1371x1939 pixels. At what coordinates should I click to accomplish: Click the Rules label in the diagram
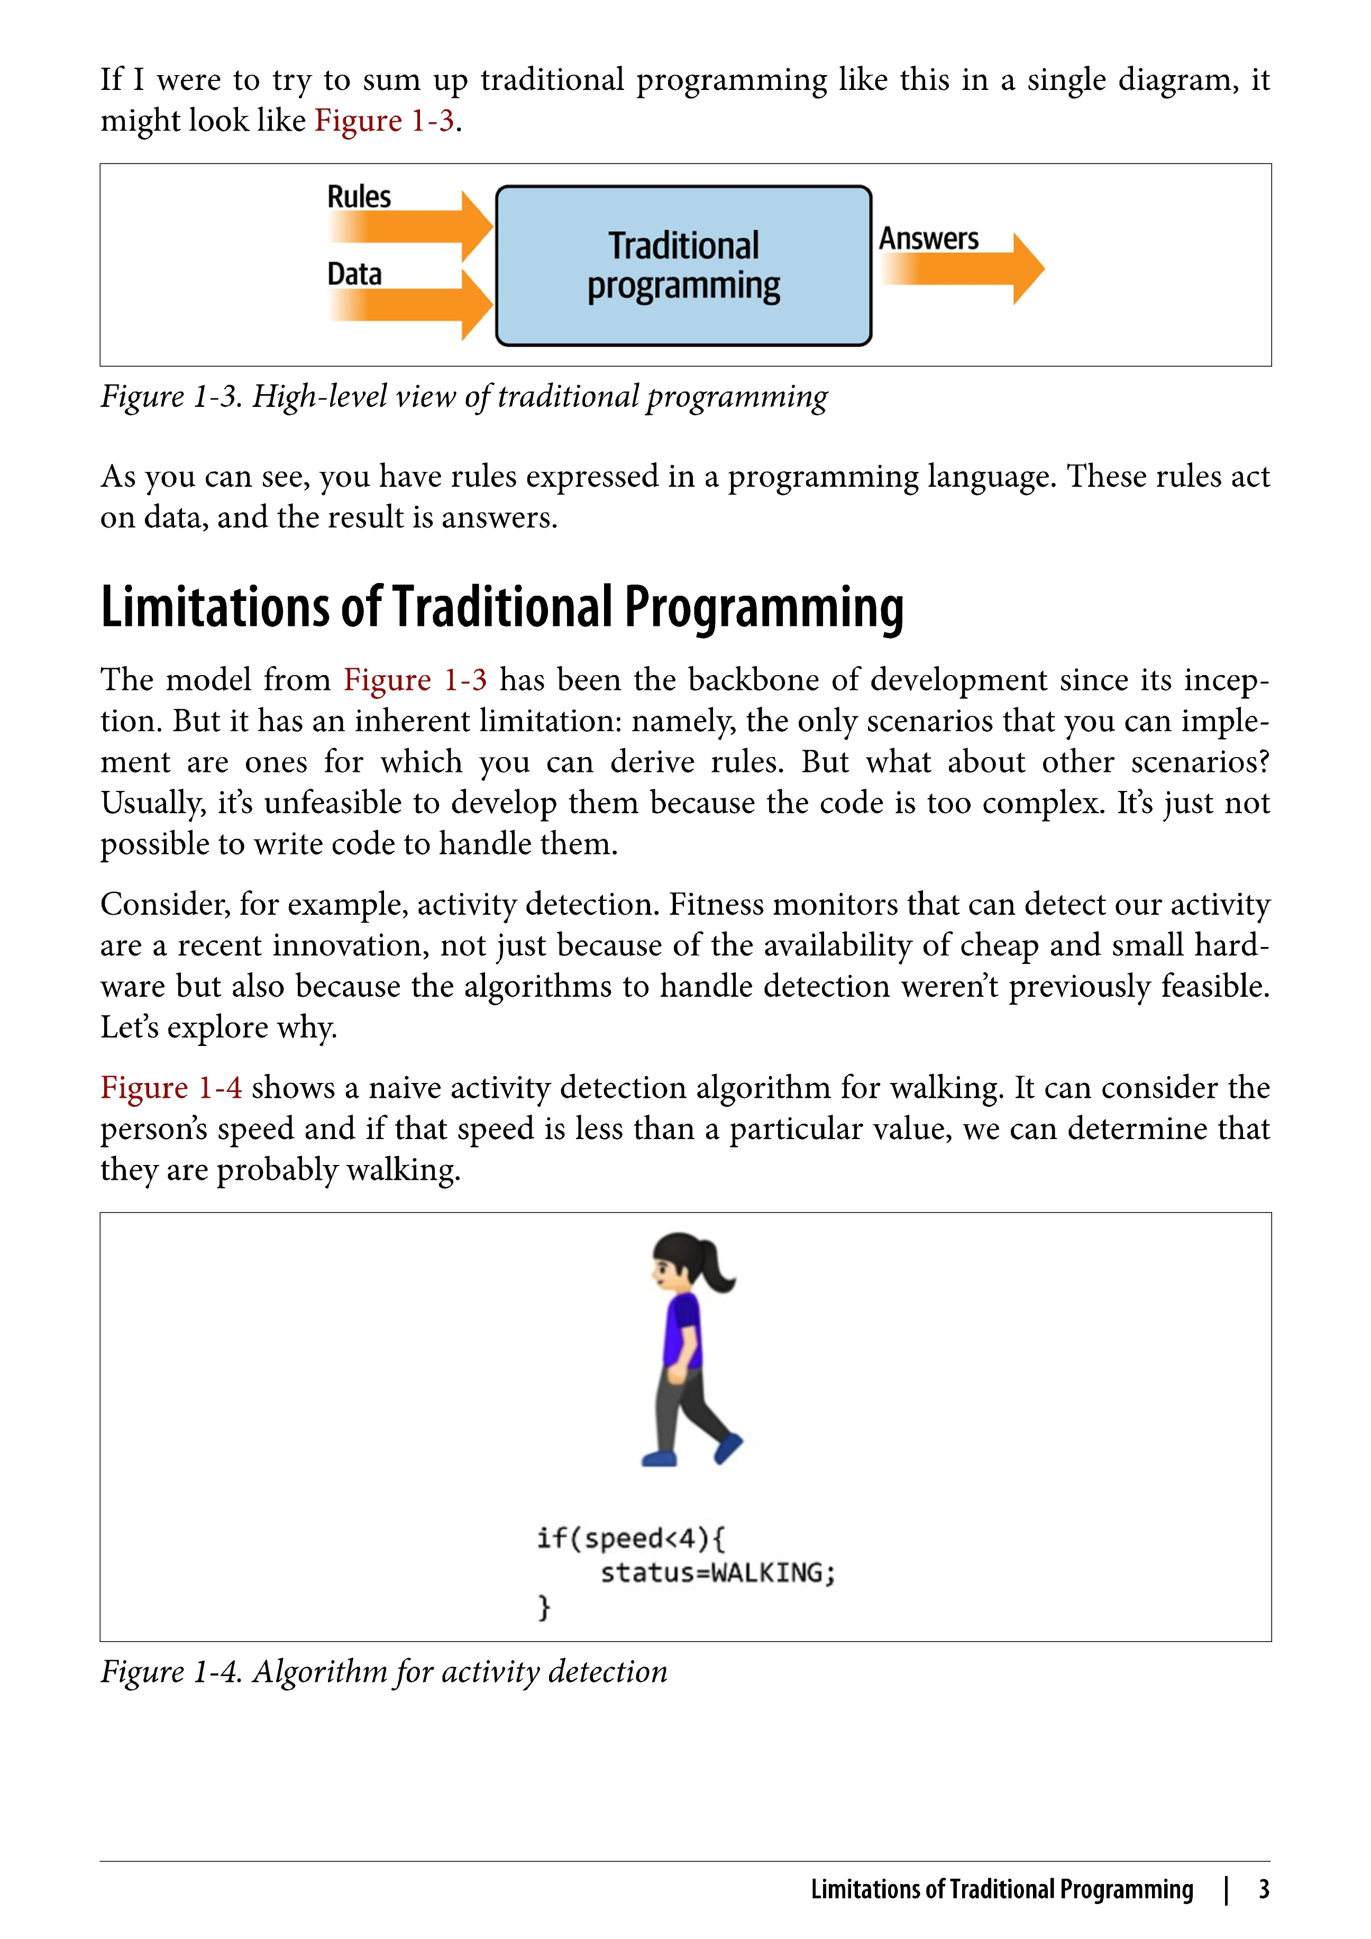coord(359,197)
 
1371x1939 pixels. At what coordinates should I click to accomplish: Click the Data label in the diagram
coord(354,275)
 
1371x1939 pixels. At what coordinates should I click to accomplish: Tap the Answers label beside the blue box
coord(929,239)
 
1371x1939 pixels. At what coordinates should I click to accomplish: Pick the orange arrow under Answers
coord(963,269)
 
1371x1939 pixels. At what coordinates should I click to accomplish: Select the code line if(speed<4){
coord(630,1538)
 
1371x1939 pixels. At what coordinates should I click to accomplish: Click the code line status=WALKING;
coord(718,1572)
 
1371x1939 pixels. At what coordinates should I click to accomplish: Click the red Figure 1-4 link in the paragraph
coord(171,1088)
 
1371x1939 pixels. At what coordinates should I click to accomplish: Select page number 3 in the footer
coord(1264,1889)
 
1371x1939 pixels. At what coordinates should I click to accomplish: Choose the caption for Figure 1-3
coord(464,396)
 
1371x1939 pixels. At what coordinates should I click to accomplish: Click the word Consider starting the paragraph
coord(164,905)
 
